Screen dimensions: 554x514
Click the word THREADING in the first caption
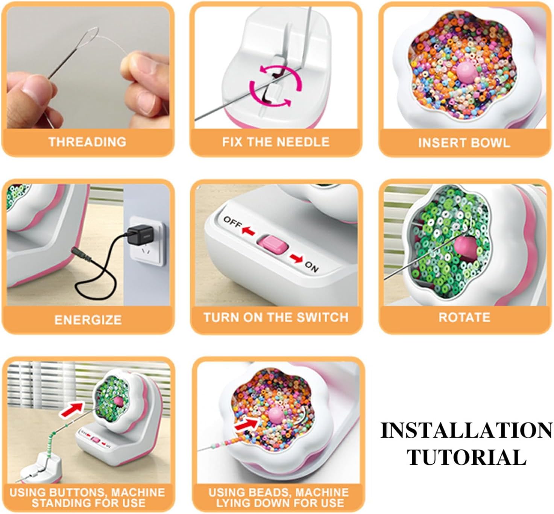(88, 142)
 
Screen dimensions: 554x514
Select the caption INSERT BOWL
(464, 143)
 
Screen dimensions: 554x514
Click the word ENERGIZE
(88, 320)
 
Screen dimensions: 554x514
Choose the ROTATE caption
(464, 318)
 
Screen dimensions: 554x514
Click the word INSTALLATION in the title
(466, 430)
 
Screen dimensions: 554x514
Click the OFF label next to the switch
(232, 222)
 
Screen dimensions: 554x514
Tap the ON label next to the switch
(311, 267)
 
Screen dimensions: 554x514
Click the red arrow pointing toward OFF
(248, 231)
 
